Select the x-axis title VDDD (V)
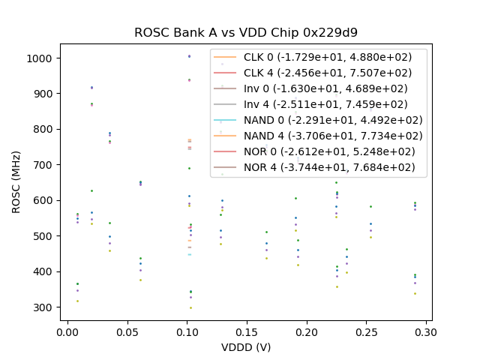(x=246, y=347)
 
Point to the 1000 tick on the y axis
(x=41, y=58)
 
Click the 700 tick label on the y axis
(x=43, y=165)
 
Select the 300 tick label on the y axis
(x=43, y=307)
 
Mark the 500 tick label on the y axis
(x=43, y=236)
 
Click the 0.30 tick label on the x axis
(x=426, y=331)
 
